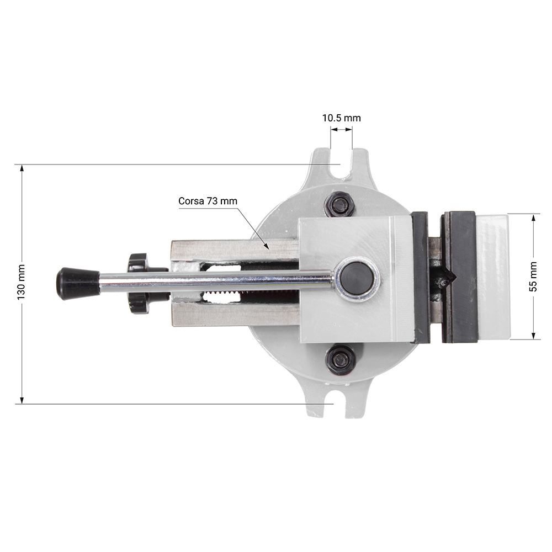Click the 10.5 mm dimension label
pos(342,118)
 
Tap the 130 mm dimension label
pos(21,282)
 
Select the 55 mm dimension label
pos(533,277)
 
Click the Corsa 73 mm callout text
pos(208,201)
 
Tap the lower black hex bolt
pos(341,359)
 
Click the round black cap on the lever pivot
pos(357,278)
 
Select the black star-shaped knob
pos(141,283)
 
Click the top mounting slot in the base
pos(342,166)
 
